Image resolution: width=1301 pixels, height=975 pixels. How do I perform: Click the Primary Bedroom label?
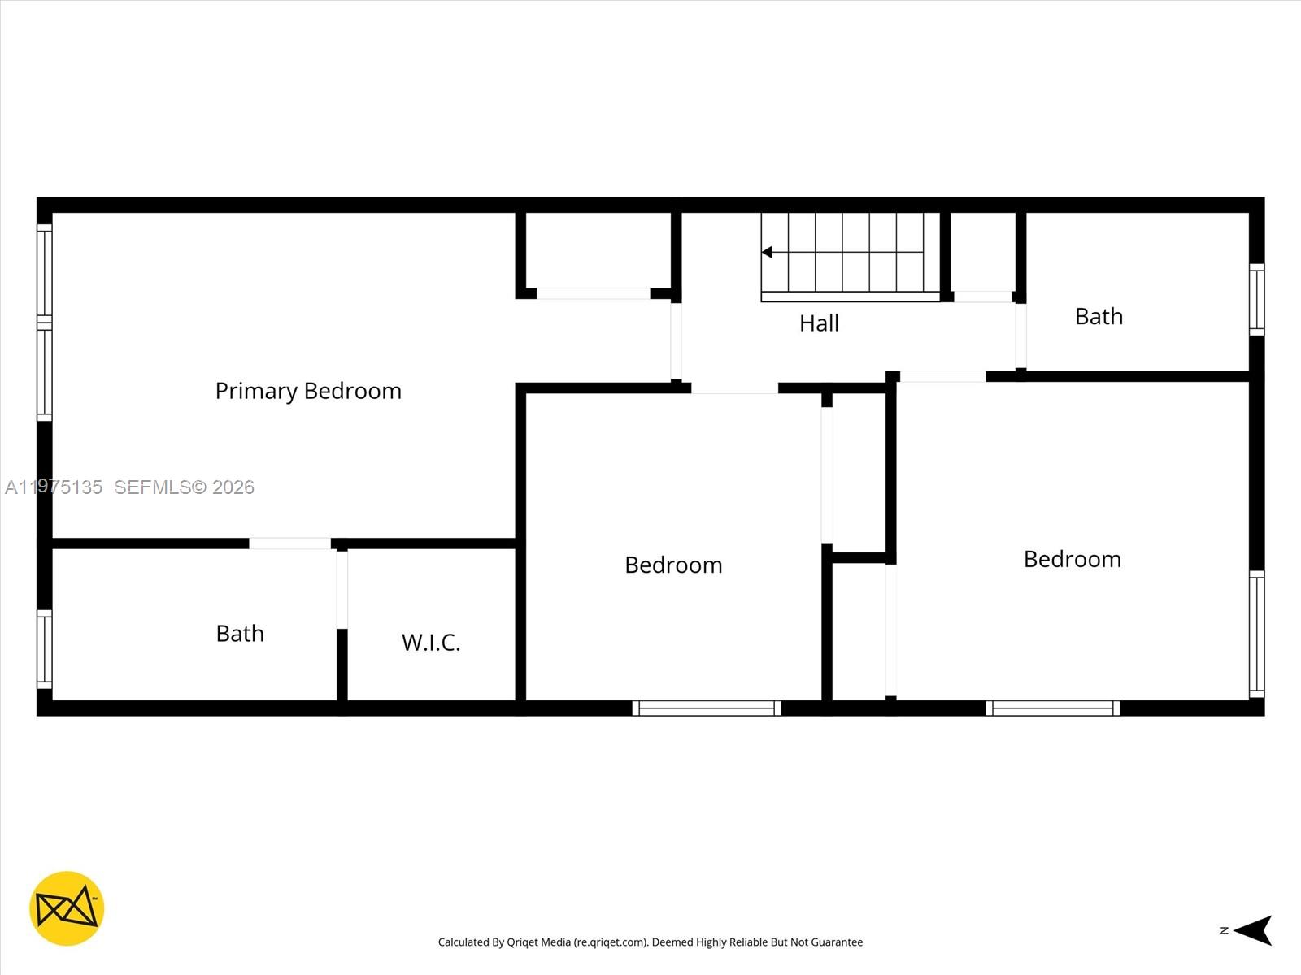(x=308, y=391)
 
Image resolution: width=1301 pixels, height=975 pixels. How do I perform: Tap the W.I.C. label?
(x=431, y=643)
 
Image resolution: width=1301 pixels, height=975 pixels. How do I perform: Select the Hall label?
(x=819, y=323)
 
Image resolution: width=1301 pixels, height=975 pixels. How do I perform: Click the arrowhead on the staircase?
(x=767, y=253)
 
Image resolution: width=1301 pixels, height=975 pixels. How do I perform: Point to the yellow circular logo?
(x=67, y=908)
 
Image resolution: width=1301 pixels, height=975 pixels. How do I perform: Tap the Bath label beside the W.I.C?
(x=240, y=634)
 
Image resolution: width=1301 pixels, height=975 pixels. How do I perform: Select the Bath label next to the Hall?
(x=1099, y=317)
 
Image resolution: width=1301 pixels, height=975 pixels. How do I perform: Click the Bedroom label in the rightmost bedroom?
(x=1072, y=559)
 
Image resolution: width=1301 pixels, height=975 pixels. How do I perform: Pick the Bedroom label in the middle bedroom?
(x=673, y=565)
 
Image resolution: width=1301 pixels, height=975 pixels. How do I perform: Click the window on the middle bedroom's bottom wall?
(x=707, y=708)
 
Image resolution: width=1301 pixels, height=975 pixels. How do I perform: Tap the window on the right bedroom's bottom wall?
(x=1052, y=708)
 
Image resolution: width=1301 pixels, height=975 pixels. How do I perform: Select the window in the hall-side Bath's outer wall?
(x=1257, y=299)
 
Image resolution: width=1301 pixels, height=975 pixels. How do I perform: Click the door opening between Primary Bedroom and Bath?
(x=289, y=544)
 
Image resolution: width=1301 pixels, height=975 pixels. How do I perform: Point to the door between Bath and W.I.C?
(x=342, y=589)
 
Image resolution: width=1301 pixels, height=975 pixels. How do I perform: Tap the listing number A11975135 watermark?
(x=54, y=487)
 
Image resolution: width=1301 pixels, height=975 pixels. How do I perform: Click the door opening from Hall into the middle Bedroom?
(x=734, y=388)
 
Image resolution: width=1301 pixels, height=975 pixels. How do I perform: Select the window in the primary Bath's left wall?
(x=45, y=649)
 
